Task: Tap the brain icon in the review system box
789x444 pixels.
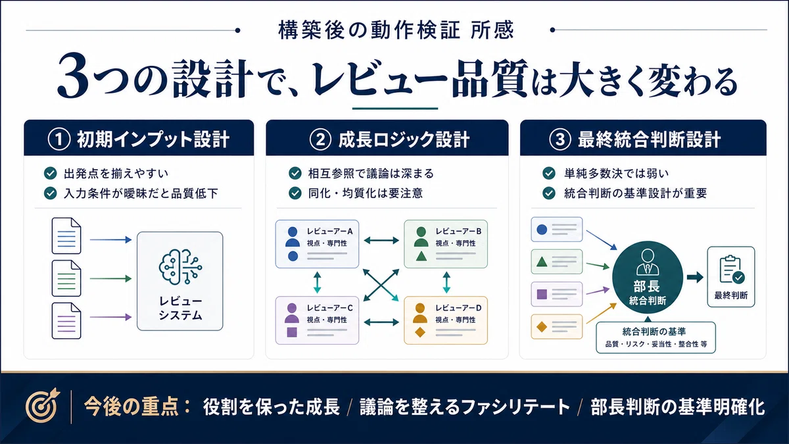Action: pos(180,266)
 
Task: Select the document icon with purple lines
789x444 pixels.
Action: pos(66,321)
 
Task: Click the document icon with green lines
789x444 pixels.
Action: pos(66,278)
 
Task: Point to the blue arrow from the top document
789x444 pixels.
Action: pos(110,240)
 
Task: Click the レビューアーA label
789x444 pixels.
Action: pos(329,232)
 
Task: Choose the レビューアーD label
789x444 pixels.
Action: pos(458,308)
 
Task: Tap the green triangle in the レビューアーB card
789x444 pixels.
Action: pos(421,256)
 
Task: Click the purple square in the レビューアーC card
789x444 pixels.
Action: pos(292,332)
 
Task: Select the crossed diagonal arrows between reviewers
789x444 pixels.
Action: pos(381,285)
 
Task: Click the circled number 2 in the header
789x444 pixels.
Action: pos(320,139)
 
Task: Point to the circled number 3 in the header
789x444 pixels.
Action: pos(560,139)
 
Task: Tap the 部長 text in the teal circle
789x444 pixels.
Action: pos(647,287)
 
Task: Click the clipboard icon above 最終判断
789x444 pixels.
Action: pos(731,270)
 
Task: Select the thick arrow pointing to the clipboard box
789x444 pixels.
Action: pos(695,277)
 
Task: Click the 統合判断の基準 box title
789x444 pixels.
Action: pos(654,332)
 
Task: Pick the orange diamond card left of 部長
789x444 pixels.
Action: pos(556,327)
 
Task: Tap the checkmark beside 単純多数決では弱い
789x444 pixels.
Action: pos(549,174)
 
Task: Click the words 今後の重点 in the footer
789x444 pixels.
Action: pos(131,407)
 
